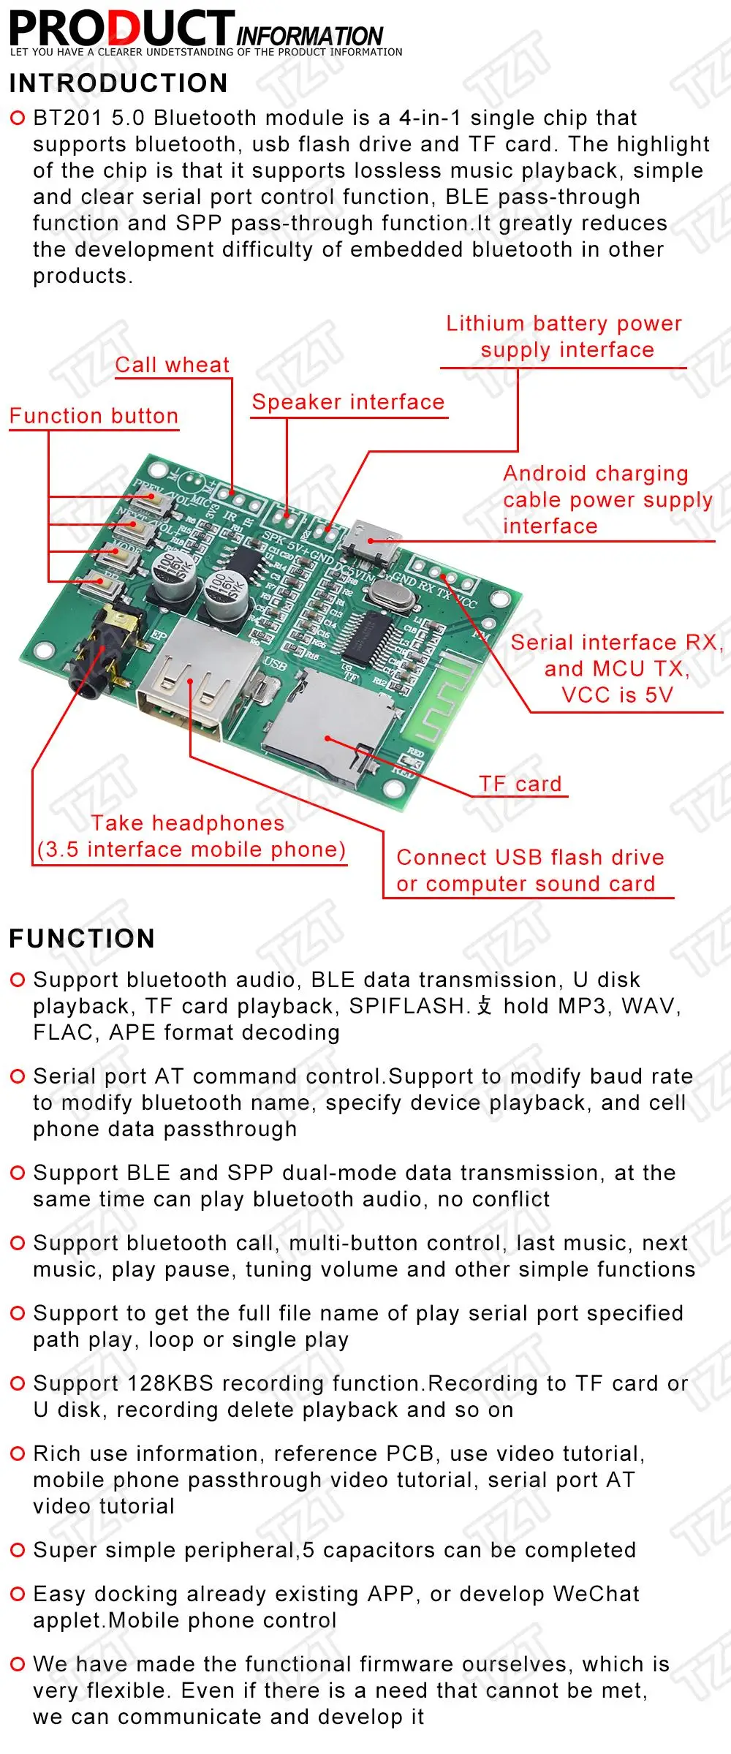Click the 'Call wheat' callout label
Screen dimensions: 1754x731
click(173, 365)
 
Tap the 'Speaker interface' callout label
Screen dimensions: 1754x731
click(348, 402)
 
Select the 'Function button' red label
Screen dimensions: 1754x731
click(94, 416)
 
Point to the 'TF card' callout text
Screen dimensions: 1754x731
click(520, 784)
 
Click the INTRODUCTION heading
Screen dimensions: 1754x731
click(118, 83)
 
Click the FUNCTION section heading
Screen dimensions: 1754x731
click(82, 939)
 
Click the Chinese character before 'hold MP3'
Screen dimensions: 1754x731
click(485, 1006)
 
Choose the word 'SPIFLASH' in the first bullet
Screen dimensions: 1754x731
click(408, 1006)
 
